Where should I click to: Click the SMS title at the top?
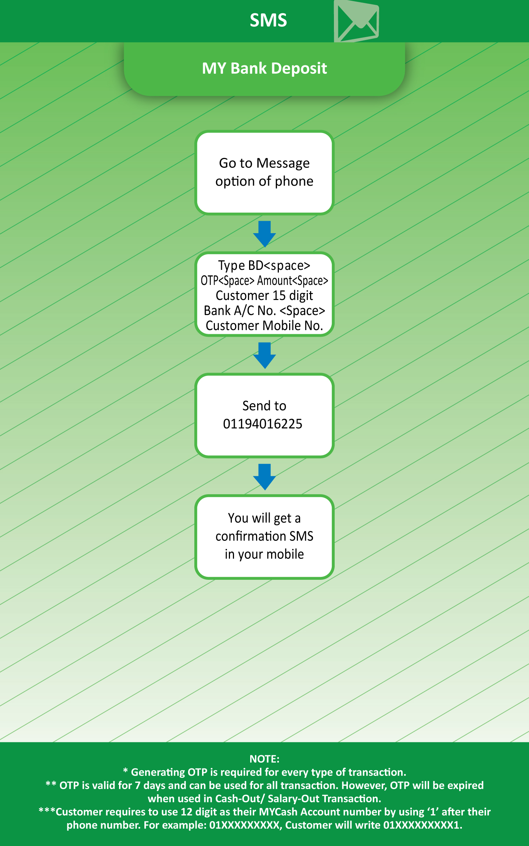[x=268, y=20]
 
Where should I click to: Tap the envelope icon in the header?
[x=356, y=21]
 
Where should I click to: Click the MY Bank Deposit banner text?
[x=264, y=68]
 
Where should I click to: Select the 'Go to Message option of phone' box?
[x=264, y=173]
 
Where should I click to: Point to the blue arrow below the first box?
[x=264, y=234]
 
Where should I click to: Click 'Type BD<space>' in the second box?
[x=264, y=265]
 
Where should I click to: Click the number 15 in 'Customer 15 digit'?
[x=279, y=295]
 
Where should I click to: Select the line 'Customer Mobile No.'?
[x=264, y=326]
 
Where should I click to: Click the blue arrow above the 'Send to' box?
[x=264, y=355]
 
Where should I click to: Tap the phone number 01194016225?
[x=263, y=424]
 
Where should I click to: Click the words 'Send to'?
[x=264, y=406]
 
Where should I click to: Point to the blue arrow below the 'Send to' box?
[x=264, y=477]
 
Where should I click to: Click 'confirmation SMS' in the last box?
[x=264, y=536]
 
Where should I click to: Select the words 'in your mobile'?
[x=264, y=554]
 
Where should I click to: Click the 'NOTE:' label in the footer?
[x=264, y=759]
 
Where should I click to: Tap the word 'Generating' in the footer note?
[x=158, y=772]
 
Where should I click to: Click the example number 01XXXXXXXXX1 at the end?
[x=423, y=825]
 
